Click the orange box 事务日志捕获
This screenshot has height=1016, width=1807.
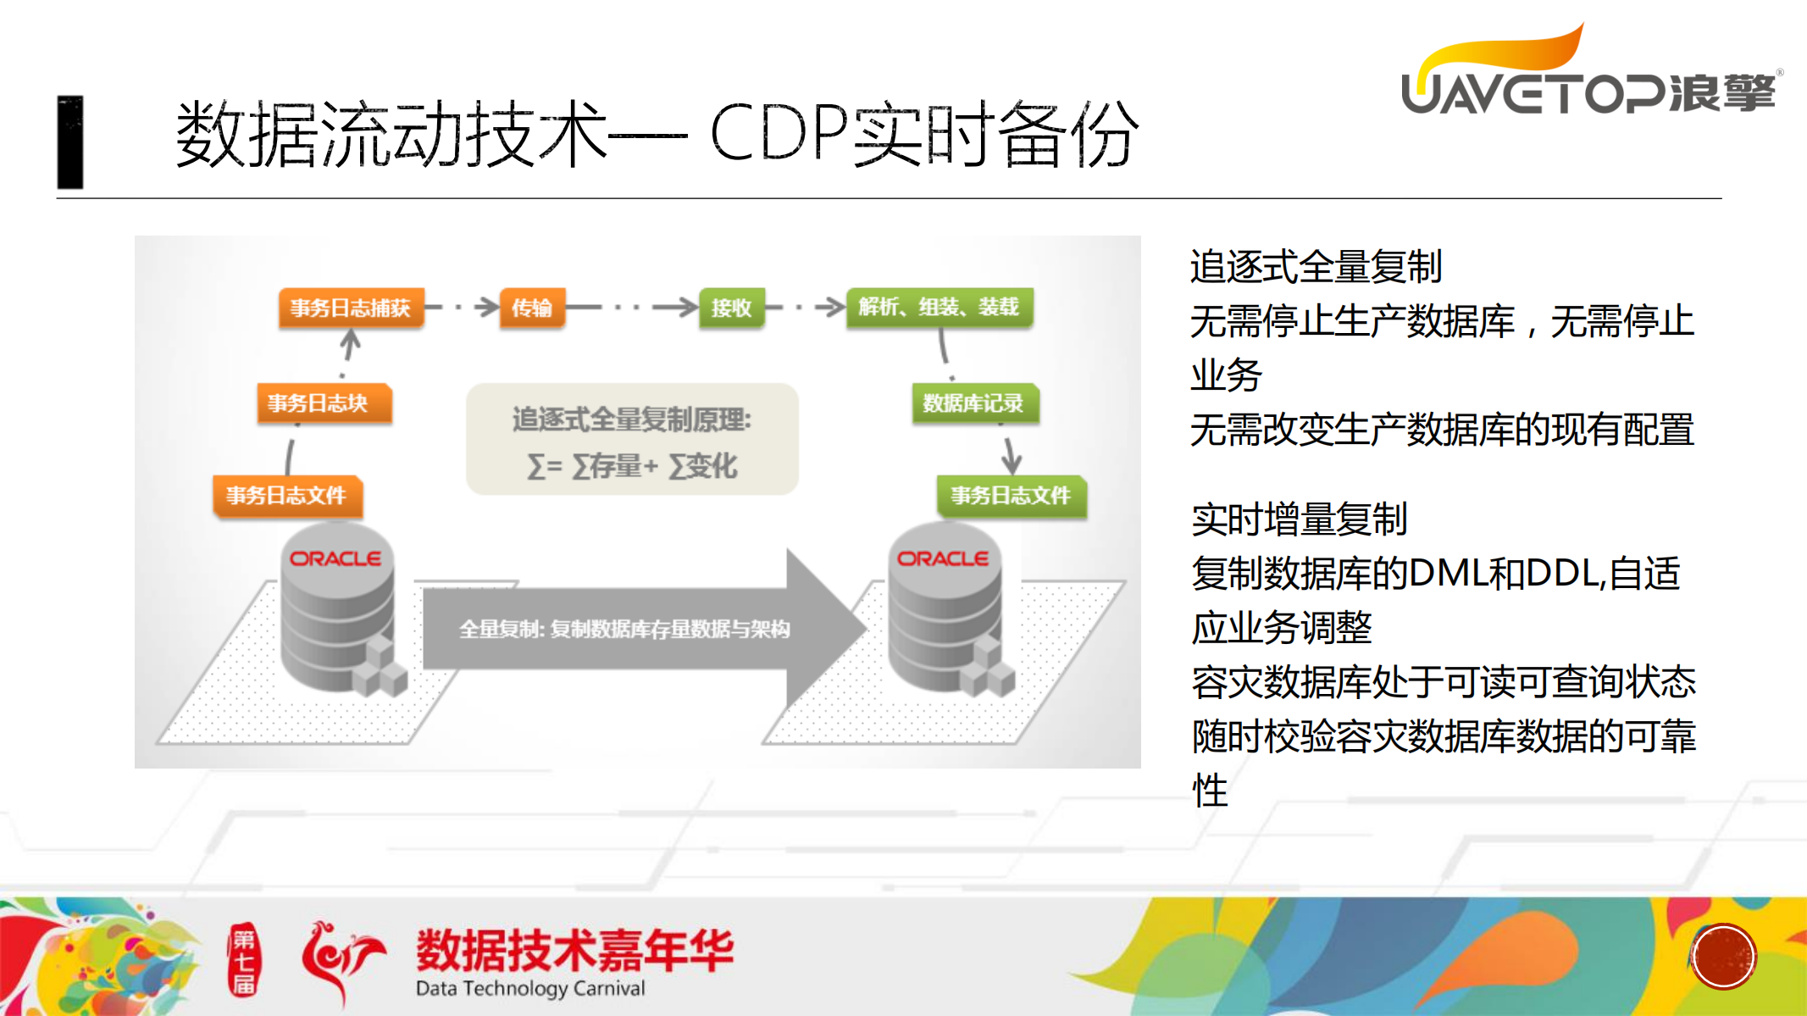pos(351,308)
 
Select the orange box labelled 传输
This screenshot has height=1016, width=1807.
pos(532,308)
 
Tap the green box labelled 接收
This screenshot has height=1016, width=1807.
pos(731,308)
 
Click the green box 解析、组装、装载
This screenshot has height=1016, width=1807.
pos(939,307)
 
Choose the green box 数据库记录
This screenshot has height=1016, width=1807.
pos(974,403)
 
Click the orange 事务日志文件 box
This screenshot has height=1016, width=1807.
pos(287,496)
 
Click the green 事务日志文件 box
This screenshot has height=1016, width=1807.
pos(1011,496)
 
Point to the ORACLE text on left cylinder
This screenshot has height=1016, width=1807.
pos(335,559)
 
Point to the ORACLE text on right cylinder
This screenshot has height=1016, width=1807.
pos(943,559)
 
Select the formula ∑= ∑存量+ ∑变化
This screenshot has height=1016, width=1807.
pos(632,466)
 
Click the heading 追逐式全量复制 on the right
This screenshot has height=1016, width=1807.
pos(1316,267)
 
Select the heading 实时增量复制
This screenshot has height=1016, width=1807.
pos(1299,519)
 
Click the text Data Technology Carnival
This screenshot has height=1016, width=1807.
pos(530,989)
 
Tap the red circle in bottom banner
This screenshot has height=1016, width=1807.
pos(1723,957)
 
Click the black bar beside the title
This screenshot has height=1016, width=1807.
pos(70,142)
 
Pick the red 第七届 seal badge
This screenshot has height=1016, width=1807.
pos(244,960)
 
